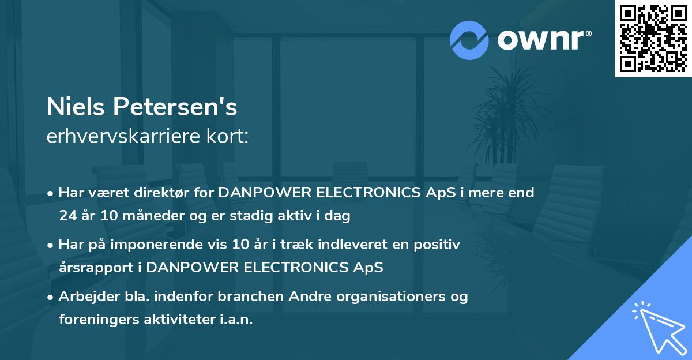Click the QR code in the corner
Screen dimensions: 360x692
653,39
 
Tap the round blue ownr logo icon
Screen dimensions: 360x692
469,40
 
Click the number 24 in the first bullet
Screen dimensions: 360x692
67,216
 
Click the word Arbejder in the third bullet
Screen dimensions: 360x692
84,297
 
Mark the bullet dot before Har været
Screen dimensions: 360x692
51,193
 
